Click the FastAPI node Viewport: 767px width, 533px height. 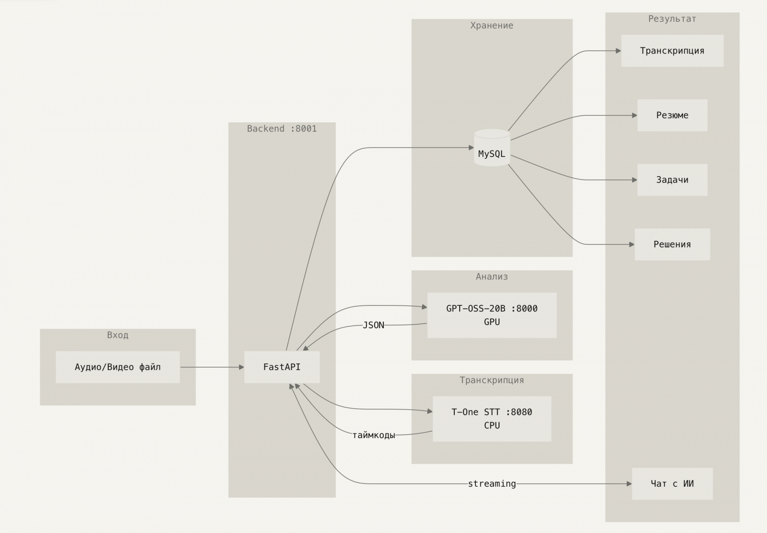click(x=282, y=367)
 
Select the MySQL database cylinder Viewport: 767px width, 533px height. click(x=492, y=148)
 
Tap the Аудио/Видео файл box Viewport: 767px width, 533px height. click(x=118, y=367)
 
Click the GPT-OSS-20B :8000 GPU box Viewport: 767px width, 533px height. click(x=492, y=315)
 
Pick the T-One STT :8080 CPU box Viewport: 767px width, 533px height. click(x=492, y=418)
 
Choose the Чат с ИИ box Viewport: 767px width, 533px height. click(x=672, y=483)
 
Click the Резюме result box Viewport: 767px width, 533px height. click(x=672, y=115)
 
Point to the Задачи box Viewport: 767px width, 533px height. click(x=672, y=179)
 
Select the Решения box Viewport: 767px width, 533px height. click(x=672, y=244)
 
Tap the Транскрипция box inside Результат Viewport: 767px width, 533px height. click(x=672, y=51)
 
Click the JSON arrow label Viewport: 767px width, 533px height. click(x=373, y=325)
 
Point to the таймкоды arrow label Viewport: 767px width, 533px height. click(x=374, y=435)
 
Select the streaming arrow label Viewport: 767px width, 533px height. click(x=492, y=484)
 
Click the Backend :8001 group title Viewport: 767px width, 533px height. click(x=282, y=129)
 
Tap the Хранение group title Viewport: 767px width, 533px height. click(x=492, y=26)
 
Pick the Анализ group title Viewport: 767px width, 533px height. click(x=492, y=277)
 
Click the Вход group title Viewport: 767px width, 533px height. click(x=118, y=335)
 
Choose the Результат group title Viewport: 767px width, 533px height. click(x=672, y=19)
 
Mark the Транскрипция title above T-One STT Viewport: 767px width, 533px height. click(x=492, y=380)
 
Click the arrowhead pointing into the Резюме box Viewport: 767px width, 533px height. click(x=634, y=116)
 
